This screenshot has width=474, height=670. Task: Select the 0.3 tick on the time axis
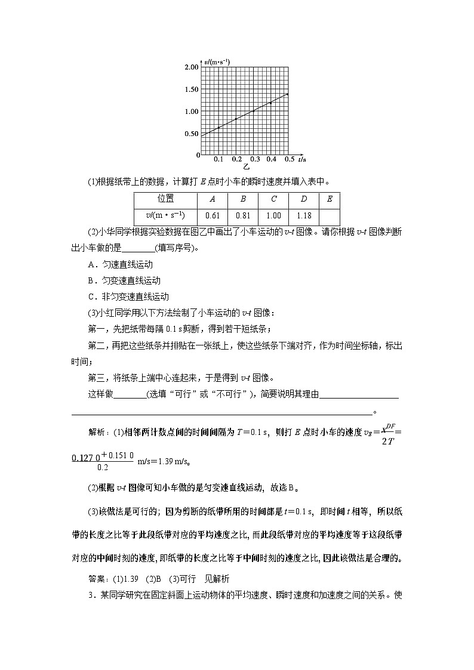click(x=255, y=159)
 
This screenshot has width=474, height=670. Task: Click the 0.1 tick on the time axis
click(x=218, y=159)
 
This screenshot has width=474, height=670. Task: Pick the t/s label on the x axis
click(x=302, y=159)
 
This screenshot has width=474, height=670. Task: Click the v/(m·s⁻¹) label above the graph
click(x=217, y=61)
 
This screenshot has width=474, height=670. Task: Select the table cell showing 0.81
click(x=242, y=216)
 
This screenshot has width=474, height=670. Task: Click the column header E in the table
click(x=330, y=200)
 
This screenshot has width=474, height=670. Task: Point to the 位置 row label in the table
click(x=165, y=200)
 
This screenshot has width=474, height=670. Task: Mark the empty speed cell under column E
click(x=330, y=216)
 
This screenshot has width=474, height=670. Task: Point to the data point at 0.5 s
click(x=287, y=94)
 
